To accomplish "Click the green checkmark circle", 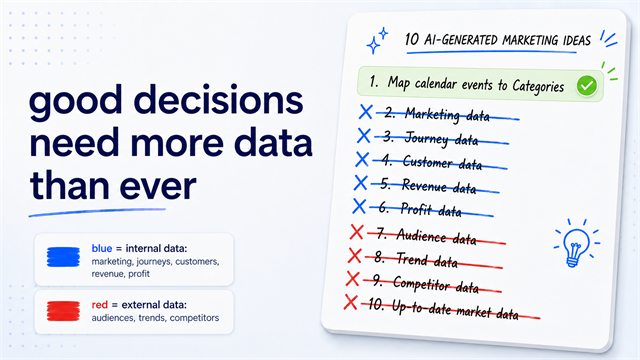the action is pos(587,86).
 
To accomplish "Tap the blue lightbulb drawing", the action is pos(576,244).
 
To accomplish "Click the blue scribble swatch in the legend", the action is pos(63,257).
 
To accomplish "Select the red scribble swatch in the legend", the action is pos(63,311).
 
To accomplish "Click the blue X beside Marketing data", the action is pos(366,112).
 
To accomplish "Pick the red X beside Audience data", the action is pos(356,232).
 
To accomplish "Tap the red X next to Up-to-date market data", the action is pos(351,302).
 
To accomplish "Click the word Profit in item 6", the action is pos(416,209).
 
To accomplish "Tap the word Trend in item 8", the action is pos(412,259).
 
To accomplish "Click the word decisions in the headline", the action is pos(218,101).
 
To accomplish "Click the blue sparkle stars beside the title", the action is pos(377,40).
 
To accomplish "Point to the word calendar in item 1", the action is pos(436,84).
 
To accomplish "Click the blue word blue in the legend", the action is pos(102,249).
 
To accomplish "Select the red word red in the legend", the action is pos(100,305).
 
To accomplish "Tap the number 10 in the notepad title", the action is pos(412,40).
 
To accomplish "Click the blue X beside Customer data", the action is pos(362,159).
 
